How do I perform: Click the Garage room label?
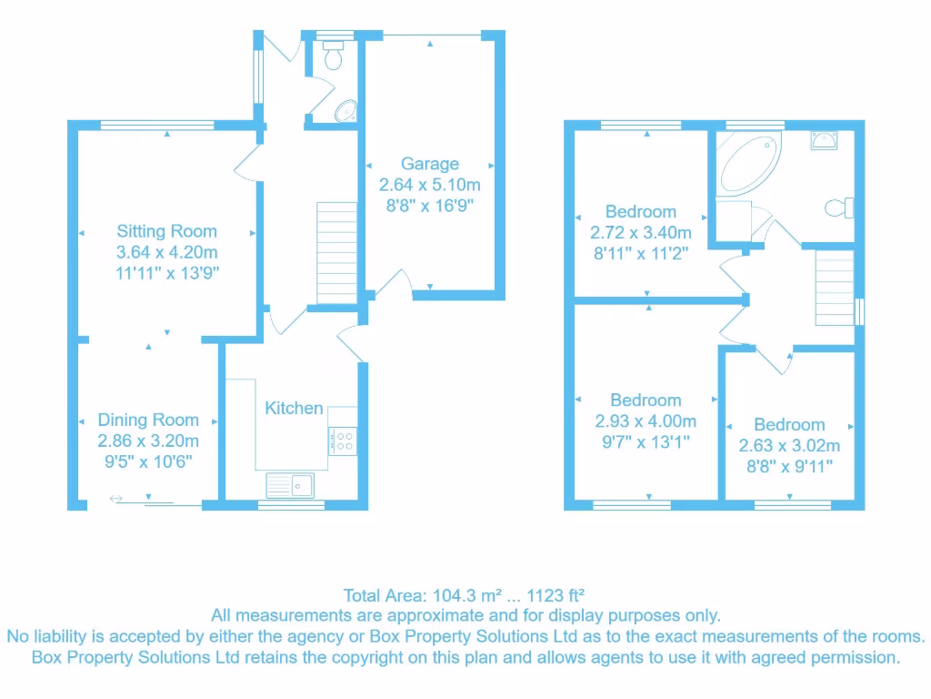pos(430,164)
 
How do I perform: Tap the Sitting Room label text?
pos(166,231)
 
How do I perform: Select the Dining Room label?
pos(148,420)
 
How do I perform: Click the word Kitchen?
pos(294,408)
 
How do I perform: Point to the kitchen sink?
pos(290,485)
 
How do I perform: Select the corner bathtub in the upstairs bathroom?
pos(749,162)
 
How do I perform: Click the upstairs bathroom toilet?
pos(839,208)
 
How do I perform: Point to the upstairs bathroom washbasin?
pos(824,139)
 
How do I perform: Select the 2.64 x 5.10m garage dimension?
pos(430,185)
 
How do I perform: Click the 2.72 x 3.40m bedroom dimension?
pos(646,233)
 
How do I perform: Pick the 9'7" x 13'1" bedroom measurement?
pos(646,442)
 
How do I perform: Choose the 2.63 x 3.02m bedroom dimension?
pos(789,446)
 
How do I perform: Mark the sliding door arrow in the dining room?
pos(116,498)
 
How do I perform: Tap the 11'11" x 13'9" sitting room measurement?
pos(166,272)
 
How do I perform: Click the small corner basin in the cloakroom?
pos(345,112)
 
